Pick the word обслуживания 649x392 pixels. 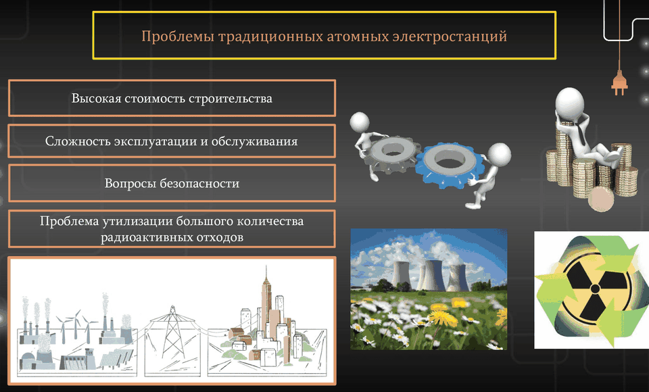point(255,141)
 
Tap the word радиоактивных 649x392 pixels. point(143,237)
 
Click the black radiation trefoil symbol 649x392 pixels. point(595,288)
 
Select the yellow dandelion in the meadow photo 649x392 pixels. point(442,316)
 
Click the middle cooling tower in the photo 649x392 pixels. point(432,276)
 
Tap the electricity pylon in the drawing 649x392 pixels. point(172,333)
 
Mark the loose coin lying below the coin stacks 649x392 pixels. point(601,199)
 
